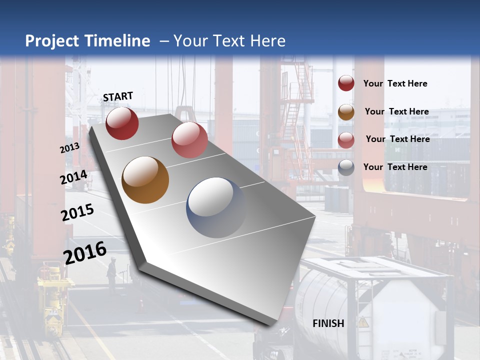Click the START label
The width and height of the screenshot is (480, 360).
click(x=118, y=96)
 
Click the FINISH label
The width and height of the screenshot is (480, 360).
click(x=328, y=323)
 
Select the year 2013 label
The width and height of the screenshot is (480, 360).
click(x=70, y=148)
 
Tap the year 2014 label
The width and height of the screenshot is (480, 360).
click(x=74, y=177)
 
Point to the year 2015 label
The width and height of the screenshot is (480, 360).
click(x=77, y=212)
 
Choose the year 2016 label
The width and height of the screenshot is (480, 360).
click(x=85, y=252)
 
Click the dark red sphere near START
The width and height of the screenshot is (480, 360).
click(x=122, y=123)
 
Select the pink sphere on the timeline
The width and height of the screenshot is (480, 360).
click(x=189, y=139)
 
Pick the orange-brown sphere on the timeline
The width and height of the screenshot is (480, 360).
click(x=145, y=180)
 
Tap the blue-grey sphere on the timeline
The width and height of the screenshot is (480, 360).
click(x=216, y=207)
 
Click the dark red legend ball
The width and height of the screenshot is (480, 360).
click(x=346, y=83)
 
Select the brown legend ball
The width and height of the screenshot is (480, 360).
click(x=346, y=112)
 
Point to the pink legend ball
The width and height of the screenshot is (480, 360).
click(x=346, y=140)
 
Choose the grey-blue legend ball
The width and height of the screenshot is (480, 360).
click(x=346, y=168)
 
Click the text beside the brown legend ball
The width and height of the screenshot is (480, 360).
click(x=397, y=111)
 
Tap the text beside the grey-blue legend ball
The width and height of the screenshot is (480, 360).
click(x=395, y=167)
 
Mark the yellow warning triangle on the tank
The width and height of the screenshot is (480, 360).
click(x=363, y=321)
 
